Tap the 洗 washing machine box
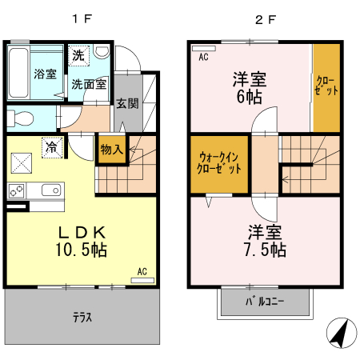78,56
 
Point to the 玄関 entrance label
127,103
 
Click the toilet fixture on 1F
20,119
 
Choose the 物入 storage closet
112,150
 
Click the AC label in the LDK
142,271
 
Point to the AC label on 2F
203,57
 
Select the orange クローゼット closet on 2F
326,86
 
